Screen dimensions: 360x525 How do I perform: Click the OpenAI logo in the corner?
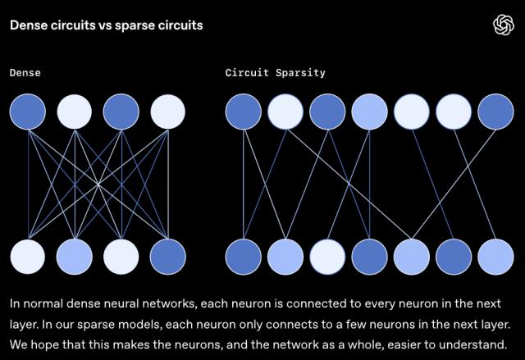click(502, 25)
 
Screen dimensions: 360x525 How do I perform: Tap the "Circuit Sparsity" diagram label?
click(275, 73)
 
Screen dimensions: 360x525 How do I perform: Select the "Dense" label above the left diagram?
click(25, 73)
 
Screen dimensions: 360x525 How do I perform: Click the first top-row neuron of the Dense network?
click(28, 112)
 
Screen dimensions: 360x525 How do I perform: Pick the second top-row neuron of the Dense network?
click(75, 112)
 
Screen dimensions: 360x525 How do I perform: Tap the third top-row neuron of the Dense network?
click(121, 112)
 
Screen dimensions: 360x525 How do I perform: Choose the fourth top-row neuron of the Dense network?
click(168, 112)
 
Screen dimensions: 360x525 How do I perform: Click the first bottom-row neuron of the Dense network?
click(28, 256)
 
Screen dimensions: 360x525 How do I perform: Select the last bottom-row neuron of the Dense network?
click(168, 256)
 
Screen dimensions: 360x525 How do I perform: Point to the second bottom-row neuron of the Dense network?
click(75, 256)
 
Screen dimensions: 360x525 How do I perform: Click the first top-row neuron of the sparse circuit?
click(243, 112)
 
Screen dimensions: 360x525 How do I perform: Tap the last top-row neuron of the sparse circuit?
click(496, 112)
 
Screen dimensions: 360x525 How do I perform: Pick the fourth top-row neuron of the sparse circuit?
click(369, 112)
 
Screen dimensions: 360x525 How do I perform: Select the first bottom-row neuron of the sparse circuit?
click(243, 256)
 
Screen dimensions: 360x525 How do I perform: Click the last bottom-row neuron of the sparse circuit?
click(496, 256)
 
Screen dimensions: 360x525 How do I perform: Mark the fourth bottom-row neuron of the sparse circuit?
click(369, 256)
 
